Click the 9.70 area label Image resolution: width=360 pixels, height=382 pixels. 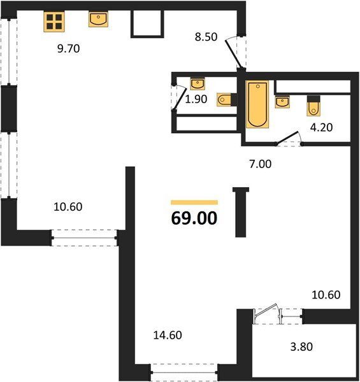[x=68, y=49]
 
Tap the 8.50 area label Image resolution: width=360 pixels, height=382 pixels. [x=206, y=37]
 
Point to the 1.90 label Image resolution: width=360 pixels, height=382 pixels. [x=196, y=99]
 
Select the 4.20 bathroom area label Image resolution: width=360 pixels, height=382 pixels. [x=321, y=127]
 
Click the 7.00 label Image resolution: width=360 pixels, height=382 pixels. [x=261, y=164]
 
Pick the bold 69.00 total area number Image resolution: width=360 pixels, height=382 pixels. [x=194, y=218]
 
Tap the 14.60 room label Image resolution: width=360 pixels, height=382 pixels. [x=168, y=336]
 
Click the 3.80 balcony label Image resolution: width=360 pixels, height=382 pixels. [x=301, y=346]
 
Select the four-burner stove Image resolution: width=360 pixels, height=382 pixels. [x=54, y=22]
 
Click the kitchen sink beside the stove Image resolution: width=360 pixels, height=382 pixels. [x=98, y=20]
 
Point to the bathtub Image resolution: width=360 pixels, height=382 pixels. [x=257, y=104]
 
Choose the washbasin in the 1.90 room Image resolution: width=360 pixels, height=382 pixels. [x=198, y=84]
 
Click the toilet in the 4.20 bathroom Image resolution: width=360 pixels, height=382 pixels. [x=313, y=106]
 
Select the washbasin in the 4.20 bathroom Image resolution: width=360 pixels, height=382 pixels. [x=282, y=102]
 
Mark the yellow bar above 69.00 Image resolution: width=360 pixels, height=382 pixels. [x=194, y=202]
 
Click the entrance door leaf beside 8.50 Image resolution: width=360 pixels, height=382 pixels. [x=233, y=54]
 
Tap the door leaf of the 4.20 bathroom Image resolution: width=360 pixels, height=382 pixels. [x=287, y=138]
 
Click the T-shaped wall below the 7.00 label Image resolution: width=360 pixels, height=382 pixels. [x=241, y=212]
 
